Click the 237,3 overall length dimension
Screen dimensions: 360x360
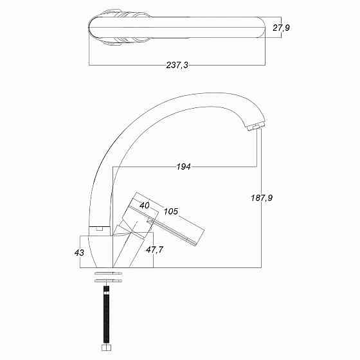click(177, 65)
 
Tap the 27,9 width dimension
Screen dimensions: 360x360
click(282, 28)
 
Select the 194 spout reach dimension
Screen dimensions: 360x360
click(183, 166)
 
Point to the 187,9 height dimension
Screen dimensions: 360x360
click(262, 198)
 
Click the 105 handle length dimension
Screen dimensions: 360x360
click(171, 212)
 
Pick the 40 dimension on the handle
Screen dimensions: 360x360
click(145, 205)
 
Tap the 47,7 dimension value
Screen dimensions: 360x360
click(154, 249)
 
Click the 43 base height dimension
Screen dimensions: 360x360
click(79, 253)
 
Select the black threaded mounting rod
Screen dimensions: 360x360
click(106, 314)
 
